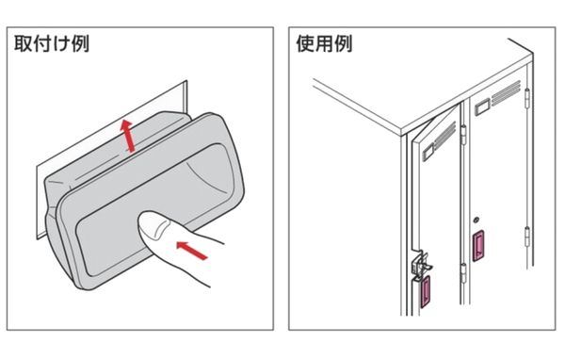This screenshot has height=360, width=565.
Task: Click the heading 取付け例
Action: click(52, 43)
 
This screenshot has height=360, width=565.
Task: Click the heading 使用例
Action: click(324, 43)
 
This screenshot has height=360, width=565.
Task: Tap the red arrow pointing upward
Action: click(127, 135)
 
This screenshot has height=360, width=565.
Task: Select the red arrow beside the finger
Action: click(192, 251)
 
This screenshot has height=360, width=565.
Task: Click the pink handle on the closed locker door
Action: click(478, 245)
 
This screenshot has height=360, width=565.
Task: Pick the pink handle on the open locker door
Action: click(426, 291)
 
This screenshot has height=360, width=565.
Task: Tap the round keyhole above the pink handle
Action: click(476, 220)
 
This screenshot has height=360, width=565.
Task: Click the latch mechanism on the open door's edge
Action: click(421, 266)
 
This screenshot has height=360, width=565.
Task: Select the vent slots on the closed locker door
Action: click(507, 92)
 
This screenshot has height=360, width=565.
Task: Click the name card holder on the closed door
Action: click(482, 106)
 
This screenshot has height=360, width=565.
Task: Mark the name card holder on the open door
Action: click(428, 152)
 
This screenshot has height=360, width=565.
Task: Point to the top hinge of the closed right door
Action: click(527, 97)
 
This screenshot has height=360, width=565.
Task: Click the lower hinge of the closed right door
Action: click(526, 237)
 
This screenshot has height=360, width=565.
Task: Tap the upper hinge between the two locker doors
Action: click(463, 134)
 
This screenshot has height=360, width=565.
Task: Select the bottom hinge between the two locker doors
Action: click(463, 273)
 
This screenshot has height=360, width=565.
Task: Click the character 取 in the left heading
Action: click(23, 43)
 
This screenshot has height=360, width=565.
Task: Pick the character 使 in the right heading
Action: click(305, 43)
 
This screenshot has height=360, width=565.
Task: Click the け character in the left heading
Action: click(61, 44)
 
